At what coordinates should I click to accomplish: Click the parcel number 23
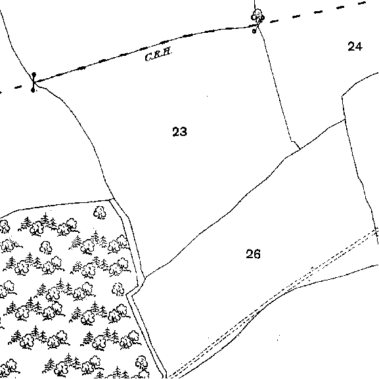click(x=179, y=131)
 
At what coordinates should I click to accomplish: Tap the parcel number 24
click(x=355, y=46)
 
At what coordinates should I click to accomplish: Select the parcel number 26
click(x=253, y=254)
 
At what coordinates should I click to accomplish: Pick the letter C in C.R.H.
click(x=148, y=58)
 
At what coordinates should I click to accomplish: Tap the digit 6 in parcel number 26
click(x=257, y=254)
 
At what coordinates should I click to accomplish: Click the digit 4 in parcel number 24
click(x=359, y=46)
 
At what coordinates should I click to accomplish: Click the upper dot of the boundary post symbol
click(x=34, y=74)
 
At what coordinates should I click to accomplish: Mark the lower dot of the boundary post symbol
click(x=33, y=91)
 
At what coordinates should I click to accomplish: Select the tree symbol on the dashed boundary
click(x=257, y=16)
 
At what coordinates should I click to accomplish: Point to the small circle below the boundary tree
click(x=254, y=31)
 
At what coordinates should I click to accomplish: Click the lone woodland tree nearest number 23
click(x=100, y=212)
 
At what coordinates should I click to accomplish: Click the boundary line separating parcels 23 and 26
click(x=223, y=213)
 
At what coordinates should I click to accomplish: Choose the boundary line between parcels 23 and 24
click(x=277, y=87)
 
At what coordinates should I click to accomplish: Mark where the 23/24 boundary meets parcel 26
click(x=300, y=149)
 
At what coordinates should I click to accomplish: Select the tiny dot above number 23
click(x=207, y=96)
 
